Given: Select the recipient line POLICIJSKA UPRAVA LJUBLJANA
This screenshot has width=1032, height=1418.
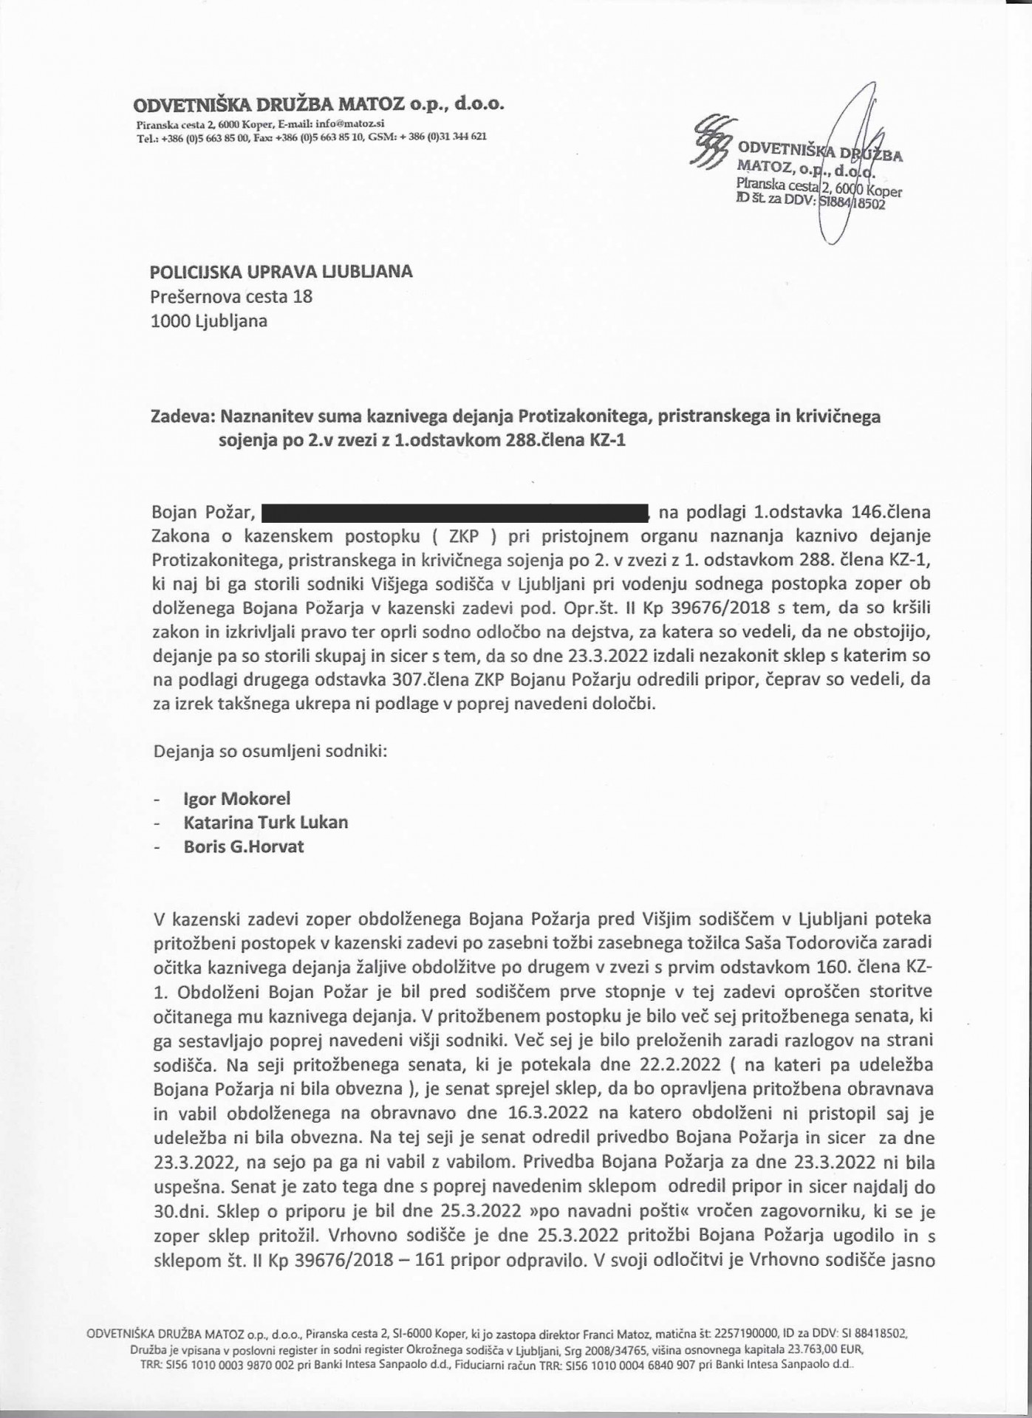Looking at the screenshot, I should (x=281, y=272).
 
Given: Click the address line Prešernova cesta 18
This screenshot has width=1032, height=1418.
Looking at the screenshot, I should (x=231, y=296).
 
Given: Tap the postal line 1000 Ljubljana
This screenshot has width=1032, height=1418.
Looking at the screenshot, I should (x=209, y=321).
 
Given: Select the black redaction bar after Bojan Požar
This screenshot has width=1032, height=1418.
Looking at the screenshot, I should (x=454, y=512).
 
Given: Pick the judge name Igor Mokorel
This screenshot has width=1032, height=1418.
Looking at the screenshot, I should (x=237, y=798).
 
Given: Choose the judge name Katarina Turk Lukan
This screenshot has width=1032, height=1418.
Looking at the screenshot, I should (x=266, y=822).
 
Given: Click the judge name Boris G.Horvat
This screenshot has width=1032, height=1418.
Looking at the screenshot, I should (x=244, y=846).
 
